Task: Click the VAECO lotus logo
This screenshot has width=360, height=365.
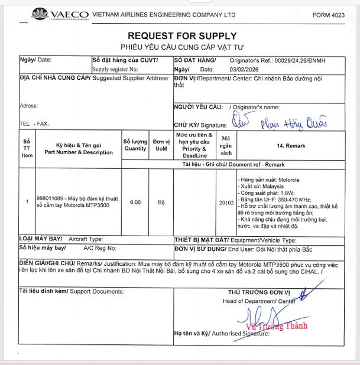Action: coord(40,14)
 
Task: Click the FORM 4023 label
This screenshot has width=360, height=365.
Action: coord(329,15)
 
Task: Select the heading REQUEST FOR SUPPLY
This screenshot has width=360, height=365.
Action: coord(182,36)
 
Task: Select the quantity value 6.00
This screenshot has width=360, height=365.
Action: coord(135,202)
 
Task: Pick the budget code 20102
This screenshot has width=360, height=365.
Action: coord(226,203)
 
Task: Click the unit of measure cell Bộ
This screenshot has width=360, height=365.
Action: coord(161,202)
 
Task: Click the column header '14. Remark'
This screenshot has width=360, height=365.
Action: coord(290,145)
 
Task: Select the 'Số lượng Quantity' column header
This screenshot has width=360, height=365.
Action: coord(135,145)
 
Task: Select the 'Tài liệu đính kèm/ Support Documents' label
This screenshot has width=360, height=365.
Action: coord(72,291)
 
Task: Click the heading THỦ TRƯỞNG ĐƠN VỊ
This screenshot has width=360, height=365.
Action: coord(259,292)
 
